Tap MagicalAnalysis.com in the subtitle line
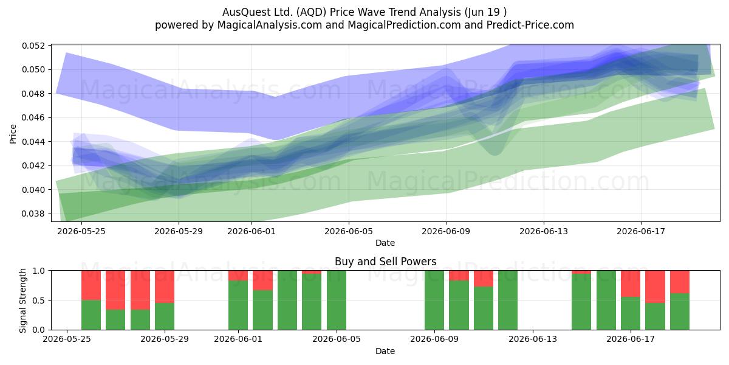pyautogui.click(x=270, y=25)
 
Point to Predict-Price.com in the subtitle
pyautogui.click(x=530, y=25)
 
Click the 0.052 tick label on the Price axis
pyautogui.click(x=33, y=46)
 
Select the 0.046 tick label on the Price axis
pyautogui.click(x=33, y=117)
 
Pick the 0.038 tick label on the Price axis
pyautogui.click(x=33, y=214)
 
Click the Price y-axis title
pyautogui.click(x=13, y=134)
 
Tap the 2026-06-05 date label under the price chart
pyautogui.click(x=349, y=231)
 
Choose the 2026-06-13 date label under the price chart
pyautogui.click(x=544, y=231)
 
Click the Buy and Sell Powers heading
pyautogui.click(x=385, y=262)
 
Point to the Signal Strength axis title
pyautogui.click(x=22, y=300)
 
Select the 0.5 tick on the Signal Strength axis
pyautogui.click(x=39, y=300)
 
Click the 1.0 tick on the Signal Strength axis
pyautogui.click(x=39, y=271)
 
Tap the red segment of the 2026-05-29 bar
pyautogui.click(x=165, y=287)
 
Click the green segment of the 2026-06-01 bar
pyautogui.click(x=238, y=305)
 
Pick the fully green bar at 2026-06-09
pyautogui.click(x=434, y=300)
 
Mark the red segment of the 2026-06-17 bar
pyautogui.click(x=631, y=283)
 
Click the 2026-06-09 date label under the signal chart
pyautogui.click(x=434, y=339)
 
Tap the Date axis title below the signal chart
pyautogui.click(x=385, y=352)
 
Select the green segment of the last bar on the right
pyautogui.click(x=680, y=311)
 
